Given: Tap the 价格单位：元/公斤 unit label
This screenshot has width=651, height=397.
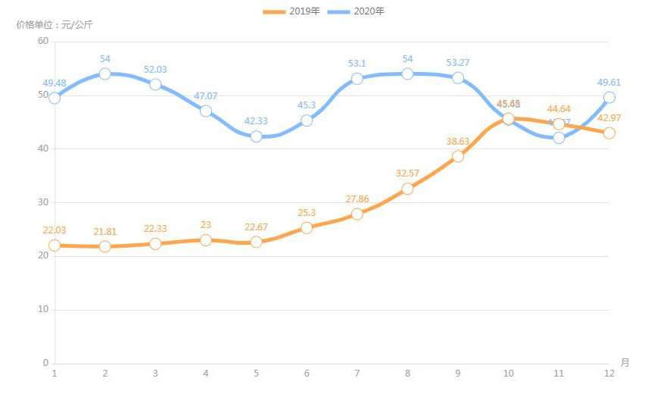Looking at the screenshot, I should (x=55, y=25).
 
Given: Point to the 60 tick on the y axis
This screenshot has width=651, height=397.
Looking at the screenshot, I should (x=42, y=41).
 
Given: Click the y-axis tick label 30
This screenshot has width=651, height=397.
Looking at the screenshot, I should (x=42, y=202).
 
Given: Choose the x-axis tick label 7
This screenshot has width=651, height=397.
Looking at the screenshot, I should (x=357, y=374).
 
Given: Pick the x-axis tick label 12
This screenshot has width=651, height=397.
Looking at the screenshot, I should (x=609, y=374).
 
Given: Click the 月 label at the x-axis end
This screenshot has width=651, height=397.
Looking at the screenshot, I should (x=625, y=363).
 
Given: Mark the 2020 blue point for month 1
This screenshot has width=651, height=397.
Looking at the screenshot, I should (x=55, y=98).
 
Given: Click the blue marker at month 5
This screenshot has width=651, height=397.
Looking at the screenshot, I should (x=256, y=136).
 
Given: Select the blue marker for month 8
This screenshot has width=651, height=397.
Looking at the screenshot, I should (x=407, y=73).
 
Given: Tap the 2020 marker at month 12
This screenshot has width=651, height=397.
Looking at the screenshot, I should (x=609, y=97).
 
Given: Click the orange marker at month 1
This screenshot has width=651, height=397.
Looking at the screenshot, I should (x=55, y=245).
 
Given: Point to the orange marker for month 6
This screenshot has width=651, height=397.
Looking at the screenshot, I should (x=307, y=227).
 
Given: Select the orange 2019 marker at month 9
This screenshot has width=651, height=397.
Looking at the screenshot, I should (x=458, y=156).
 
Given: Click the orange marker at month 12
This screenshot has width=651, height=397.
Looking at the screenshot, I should (x=609, y=133).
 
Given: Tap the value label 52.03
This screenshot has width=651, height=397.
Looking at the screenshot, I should (x=155, y=70).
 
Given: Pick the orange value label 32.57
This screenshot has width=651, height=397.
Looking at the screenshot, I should (x=407, y=173).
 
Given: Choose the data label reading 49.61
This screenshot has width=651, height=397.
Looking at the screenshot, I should (x=609, y=82).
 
